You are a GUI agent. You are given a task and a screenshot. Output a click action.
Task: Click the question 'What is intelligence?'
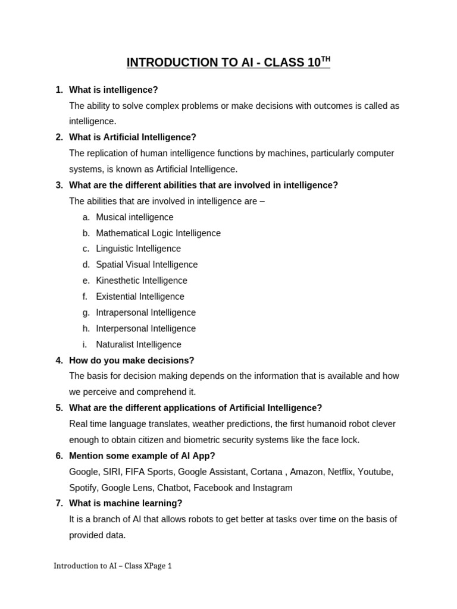tap(114, 90)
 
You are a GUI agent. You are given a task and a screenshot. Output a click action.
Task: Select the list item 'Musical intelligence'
tap(134, 217)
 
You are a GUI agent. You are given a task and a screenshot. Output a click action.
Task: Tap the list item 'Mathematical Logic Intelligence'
tap(158, 233)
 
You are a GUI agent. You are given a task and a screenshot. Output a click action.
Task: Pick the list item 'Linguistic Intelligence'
tap(138, 249)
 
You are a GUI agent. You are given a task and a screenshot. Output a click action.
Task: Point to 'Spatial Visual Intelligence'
tap(146, 265)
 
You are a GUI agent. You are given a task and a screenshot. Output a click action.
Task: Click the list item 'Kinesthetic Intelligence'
tap(142, 281)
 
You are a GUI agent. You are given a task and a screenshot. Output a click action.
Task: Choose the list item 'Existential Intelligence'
tap(140, 297)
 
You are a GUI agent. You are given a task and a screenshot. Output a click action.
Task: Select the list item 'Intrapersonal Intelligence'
tap(146, 312)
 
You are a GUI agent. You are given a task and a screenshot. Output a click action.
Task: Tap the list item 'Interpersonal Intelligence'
tap(146, 328)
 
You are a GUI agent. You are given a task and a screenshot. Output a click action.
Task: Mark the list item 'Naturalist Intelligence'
tap(139, 344)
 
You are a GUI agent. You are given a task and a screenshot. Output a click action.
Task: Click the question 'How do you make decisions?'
tap(132, 360)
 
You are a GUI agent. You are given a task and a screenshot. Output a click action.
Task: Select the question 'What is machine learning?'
tap(126, 503)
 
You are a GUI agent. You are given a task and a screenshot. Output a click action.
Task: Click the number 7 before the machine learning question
tap(59, 503)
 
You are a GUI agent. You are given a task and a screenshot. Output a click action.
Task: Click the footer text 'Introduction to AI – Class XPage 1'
tap(112, 566)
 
